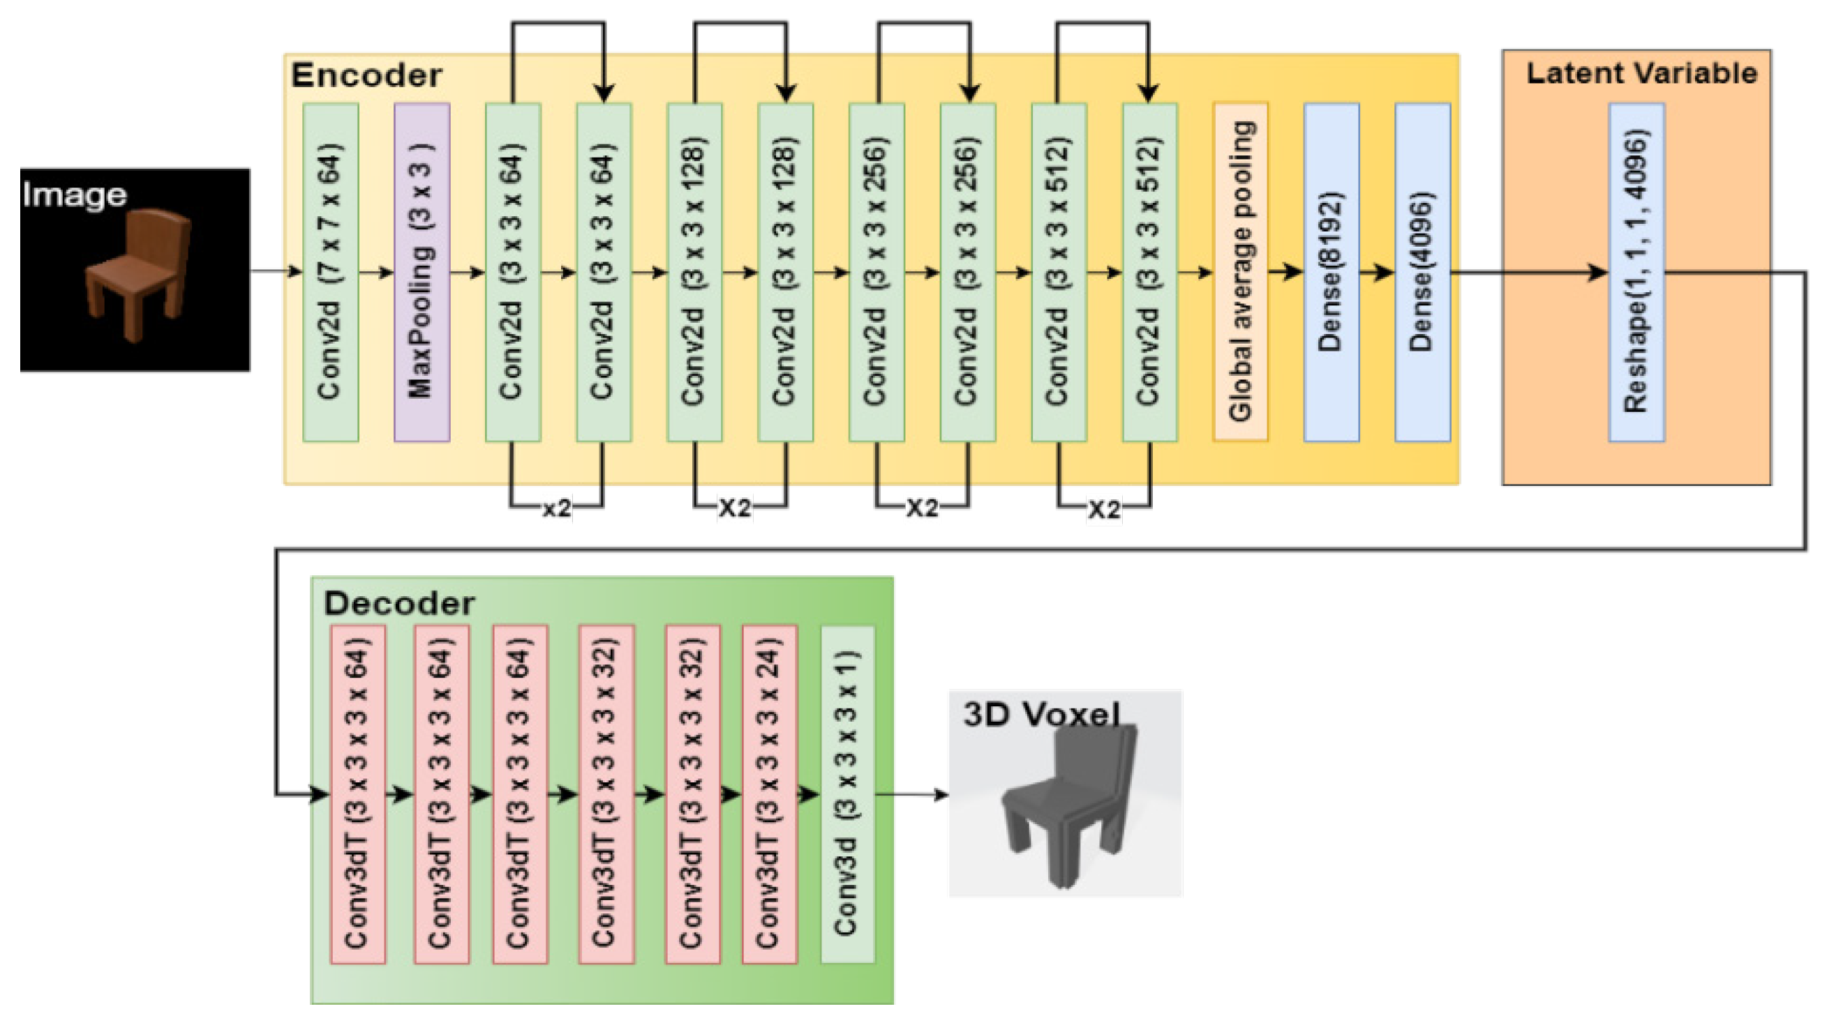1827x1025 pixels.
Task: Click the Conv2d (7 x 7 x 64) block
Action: pyautogui.click(x=331, y=272)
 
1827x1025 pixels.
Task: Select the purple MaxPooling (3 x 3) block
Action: pyautogui.click(x=422, y=272)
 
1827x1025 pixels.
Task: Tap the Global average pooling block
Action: pyautogui.click(x=1241, y=272)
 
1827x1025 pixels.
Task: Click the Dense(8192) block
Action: pyautogui.click(x=1332, y=272)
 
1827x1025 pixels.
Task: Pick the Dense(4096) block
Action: pyautogui.click(x=1422, y=272)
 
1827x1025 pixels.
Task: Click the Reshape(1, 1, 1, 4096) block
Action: pyautogui.click(x=1636, y=272)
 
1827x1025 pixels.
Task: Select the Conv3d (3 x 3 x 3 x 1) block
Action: pyautogui.click(x=847, y=794)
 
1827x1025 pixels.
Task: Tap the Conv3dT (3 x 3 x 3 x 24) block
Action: pyautogui.click(x=770, y=794)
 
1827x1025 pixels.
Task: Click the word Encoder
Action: pyautogui.click(x=366, y=75)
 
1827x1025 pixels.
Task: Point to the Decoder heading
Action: pyautogui.click(x=398, y=603)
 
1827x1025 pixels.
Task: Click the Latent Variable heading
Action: pyautogui.click(x=1641, y=73)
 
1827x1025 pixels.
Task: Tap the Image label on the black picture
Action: pyautogui.click(x=74, y=195)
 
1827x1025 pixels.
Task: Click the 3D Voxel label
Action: pyautogui.click(x=1041, y=714)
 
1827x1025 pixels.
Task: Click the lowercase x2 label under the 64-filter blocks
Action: pyautogui.click(x=557, y=508)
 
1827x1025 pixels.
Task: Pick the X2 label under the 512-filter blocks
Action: pyautogui.click(x=1104, y=509)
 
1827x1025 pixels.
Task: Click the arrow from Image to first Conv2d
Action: pyautogui.click(x=275, y=271)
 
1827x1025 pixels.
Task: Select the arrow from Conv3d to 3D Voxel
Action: pyautogui.click(x=912, y=795)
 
